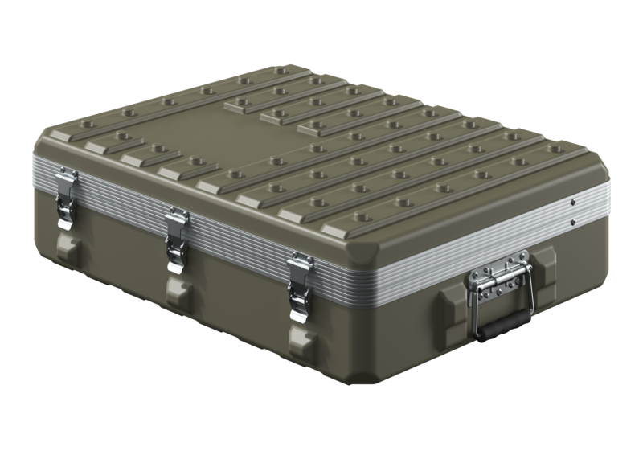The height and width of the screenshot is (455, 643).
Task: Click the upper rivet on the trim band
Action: (571, 201)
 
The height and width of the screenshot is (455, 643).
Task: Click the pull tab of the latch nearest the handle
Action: (300, 303)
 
